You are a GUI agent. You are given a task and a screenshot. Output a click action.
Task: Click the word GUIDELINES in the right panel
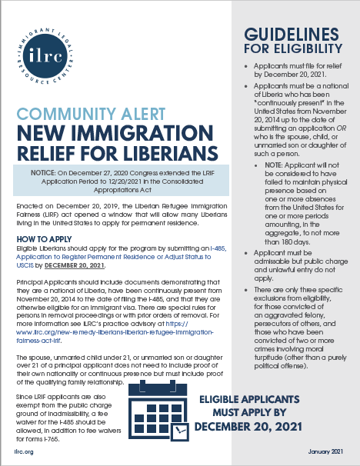click(292, 36)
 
